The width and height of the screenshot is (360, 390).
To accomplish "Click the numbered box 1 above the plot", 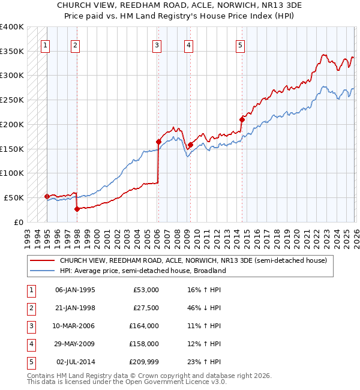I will pyautogui.click(x=46, y=44).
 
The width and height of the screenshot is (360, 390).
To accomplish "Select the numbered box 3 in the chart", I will pyautogui.click(x=157, y=44).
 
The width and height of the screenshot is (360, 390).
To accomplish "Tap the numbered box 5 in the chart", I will pyautogui.click(x=240, y=44).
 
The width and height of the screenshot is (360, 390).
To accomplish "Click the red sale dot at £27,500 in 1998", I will pyautogui.click(x=77, y=209).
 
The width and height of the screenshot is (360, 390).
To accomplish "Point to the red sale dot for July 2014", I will pyautogui.click(x=242, y=119).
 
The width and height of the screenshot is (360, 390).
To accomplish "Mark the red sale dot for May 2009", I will pyautogui.click(x=190, y=145).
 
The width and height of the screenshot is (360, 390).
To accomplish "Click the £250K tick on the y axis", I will pyautogui.click(x=12, y=100).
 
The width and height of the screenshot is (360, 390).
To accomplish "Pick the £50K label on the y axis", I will pyautogui.click(x=14, y=197).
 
